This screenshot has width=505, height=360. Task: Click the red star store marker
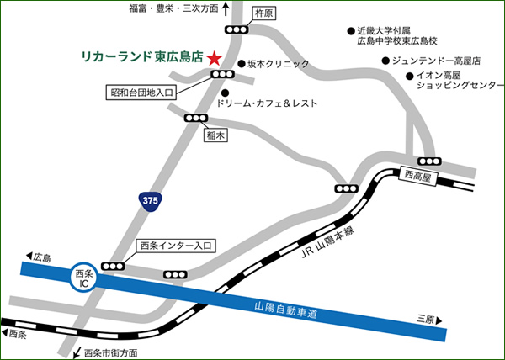pyautogui.click(x=215, y=58)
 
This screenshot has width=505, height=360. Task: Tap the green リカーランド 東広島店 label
pyautogui.click(x=141, y=58)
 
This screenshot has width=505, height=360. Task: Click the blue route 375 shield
pyautogui.click(x=150, y=200)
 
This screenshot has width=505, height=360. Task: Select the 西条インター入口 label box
pyautogui.click(x=176, y=246)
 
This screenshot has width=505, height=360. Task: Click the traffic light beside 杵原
pyautogui.click(x=241, y=30)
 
